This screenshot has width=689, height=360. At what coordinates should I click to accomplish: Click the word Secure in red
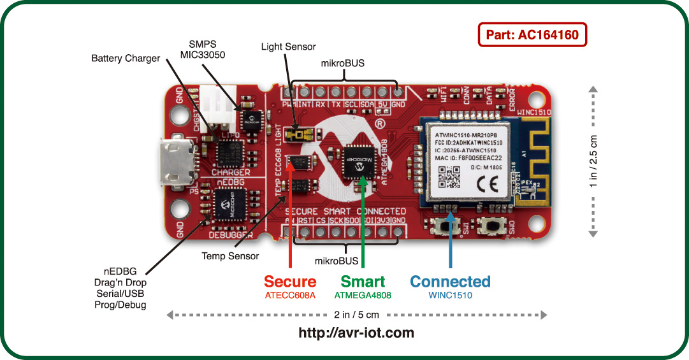(x=290, y=282)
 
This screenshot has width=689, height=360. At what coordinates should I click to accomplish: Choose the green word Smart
(x=363, y=282)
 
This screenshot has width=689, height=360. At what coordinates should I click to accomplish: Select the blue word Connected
(x=450, y=282)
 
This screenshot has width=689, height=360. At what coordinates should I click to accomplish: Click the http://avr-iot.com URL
(x=356, y=333)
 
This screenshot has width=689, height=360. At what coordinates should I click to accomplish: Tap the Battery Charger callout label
(x=126, y=59)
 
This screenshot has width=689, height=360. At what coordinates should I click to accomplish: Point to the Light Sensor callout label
(x=288, y=47)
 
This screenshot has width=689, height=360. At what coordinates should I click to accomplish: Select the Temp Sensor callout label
(x=230, y=256)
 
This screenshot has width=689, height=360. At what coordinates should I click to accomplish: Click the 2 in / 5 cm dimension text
(x=356, y=315)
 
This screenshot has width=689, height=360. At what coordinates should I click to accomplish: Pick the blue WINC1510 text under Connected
(x=450, y=296)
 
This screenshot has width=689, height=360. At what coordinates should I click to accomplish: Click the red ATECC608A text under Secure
(x=290, y=296)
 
